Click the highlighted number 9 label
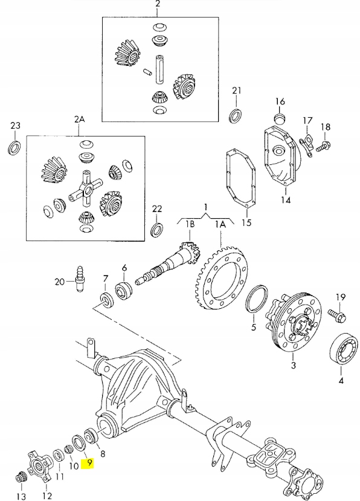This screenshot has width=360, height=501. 89,464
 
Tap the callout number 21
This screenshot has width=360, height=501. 237,91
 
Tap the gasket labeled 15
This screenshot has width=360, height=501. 239,182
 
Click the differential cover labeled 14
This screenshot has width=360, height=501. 280,157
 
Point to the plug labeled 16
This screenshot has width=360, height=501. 280,116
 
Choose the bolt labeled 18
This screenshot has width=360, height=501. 325,145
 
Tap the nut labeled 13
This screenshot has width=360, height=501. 21,477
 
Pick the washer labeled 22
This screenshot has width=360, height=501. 156,230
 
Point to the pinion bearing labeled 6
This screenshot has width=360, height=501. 125,289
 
